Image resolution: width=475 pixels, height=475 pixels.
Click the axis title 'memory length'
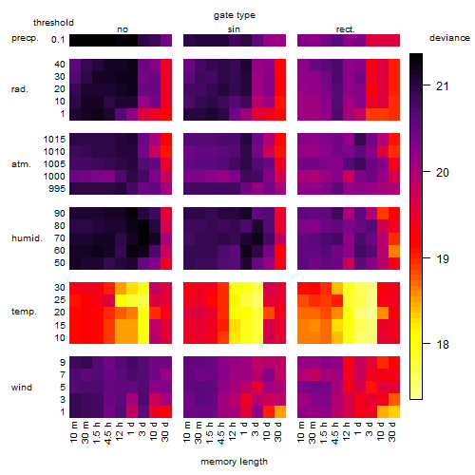tap(234, 462)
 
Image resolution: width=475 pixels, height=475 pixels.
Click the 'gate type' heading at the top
tap(235, 15)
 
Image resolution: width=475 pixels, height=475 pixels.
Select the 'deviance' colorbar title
tap(449, 38)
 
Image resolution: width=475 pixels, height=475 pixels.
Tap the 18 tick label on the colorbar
tap(443, 344)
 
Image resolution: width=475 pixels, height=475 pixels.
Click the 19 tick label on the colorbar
tap(443, 259)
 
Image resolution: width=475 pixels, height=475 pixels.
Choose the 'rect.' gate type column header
tap(346, 29)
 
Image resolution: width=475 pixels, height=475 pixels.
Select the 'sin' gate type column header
tap(234, 29)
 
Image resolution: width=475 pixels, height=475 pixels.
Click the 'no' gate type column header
tap(123, 29)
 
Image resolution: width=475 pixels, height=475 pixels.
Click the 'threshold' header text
tap(53, 23)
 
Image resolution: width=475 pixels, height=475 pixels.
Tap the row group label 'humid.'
tap(27, 238)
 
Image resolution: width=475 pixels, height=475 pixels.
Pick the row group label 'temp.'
tap(24, 312)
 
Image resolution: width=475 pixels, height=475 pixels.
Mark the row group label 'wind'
tap(22, 388)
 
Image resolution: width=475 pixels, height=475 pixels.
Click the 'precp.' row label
tap(25, 38)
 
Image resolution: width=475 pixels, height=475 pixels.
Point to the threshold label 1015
tap(54, 140)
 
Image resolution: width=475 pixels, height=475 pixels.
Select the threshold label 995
tap(57, 189)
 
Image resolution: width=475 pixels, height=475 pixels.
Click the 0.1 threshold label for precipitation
tap(58, 40)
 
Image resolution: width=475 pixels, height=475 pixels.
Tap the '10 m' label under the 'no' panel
tap(74, 432)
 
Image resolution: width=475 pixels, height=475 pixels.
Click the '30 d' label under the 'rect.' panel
tap(392, 432)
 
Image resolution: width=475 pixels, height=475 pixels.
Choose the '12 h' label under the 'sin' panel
tap(233, 431)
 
